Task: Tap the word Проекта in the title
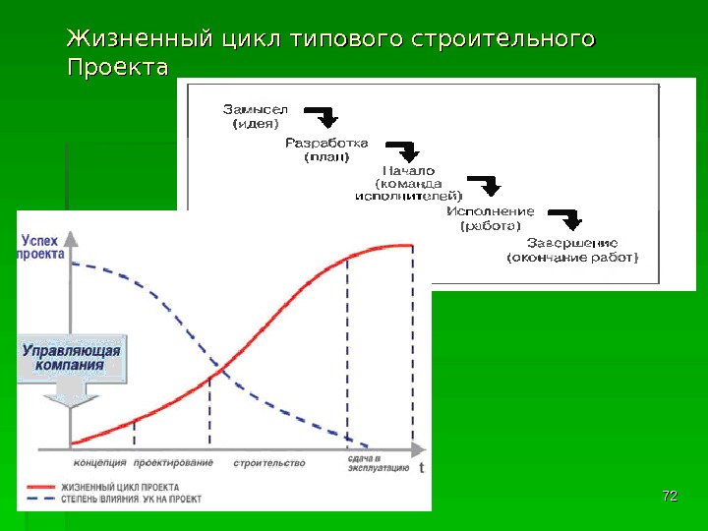117,70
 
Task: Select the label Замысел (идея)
255,116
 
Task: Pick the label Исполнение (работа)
491,217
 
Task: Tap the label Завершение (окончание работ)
571,250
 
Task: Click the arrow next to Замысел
323,117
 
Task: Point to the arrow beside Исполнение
564,218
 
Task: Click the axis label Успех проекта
42,246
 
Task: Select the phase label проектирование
173,462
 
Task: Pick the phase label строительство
269,462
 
